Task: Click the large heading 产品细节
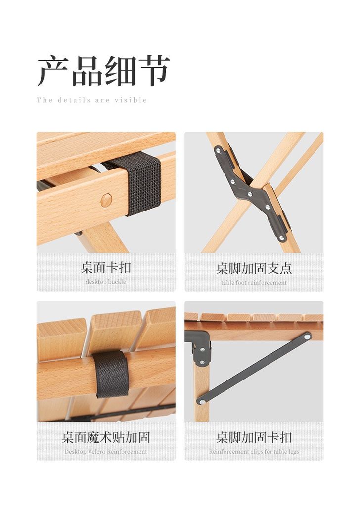click(103, 71)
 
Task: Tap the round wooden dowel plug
click(106, 201)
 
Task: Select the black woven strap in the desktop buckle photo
click(139, 183)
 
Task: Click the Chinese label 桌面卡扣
click(106, 267)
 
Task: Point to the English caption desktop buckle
click(106, 282)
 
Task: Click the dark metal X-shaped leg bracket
click(252, 194)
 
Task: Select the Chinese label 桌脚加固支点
click(254, 268)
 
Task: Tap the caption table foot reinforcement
click(254, 283)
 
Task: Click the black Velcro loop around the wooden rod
click(111, 375)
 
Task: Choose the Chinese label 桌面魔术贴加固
click(106, 437)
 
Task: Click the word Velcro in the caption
click(96, 452)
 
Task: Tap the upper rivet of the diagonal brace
click(307, 337)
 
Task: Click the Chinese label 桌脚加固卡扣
click(254, 437)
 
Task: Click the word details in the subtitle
click(74, 100)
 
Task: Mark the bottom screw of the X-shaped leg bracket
click(281, 238)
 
